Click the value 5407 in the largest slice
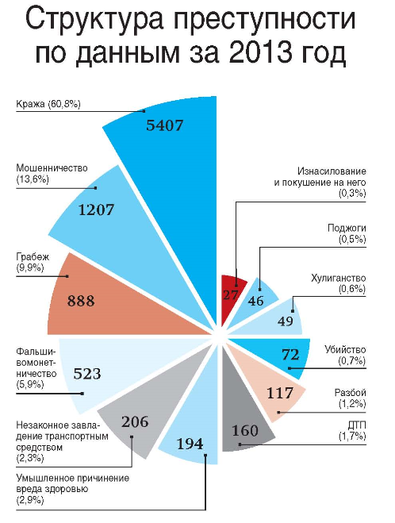[x=165, y=125]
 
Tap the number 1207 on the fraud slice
[x=96, y=210]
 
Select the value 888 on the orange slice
[x=81, y=301]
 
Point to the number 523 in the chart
[x=87, y=374]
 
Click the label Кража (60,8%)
[x=48, y=105]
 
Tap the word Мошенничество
[x=52, y=167]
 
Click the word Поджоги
[x=347, y=229]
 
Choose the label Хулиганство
[x=339, y=279]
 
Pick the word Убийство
[x=345, y=350]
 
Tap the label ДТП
[x=357, y=425]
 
